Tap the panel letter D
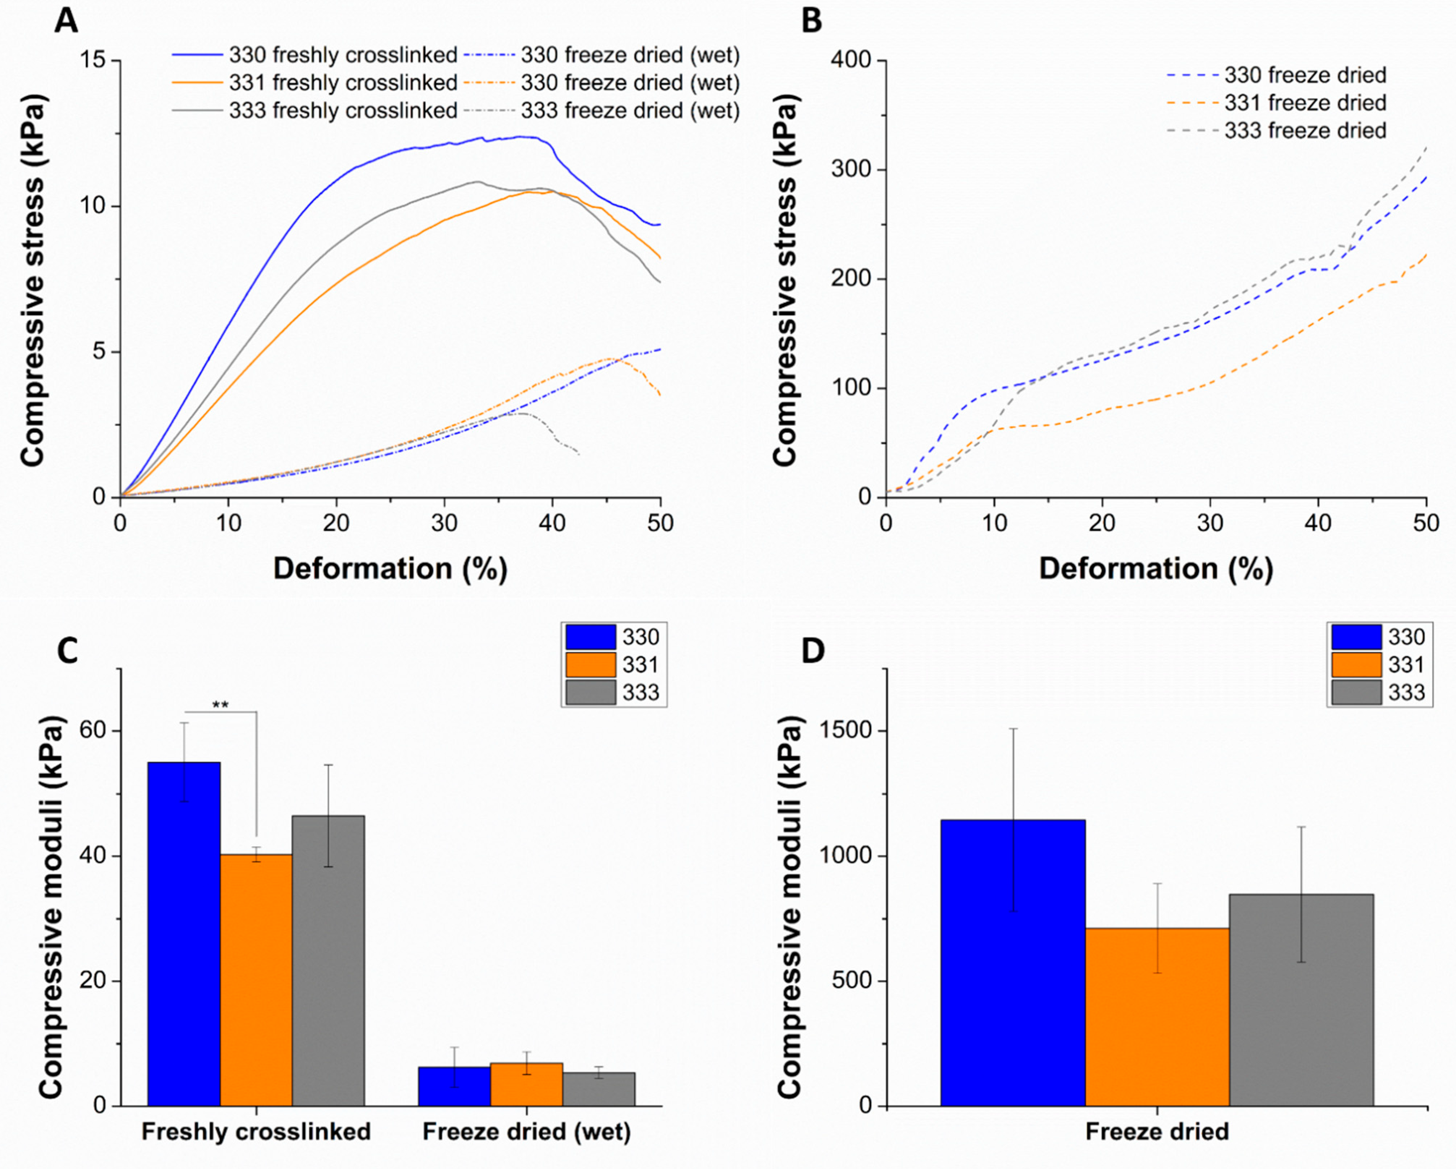click(813, 651)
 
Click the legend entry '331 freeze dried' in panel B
click(1305, 103)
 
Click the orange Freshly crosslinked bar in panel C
click(256, 979)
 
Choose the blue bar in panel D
click(1012, 962)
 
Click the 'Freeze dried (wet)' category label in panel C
click(526, 1131)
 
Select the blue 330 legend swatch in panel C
click(590, 637)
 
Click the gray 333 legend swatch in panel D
click(1356, 692)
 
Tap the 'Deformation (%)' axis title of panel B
click(1156, 569)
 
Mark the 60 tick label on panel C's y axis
click(93, 731)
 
